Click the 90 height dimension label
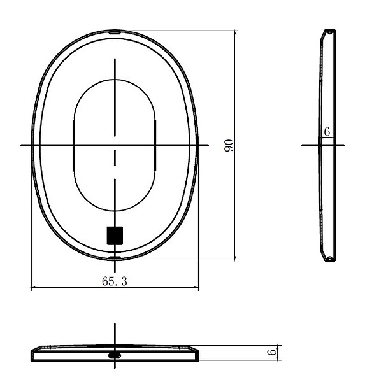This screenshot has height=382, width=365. coord(229,145)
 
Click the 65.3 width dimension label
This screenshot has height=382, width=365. coord(115,281)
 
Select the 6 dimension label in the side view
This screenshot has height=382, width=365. coord(327,132)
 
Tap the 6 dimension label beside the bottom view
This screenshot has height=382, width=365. coord(272,352)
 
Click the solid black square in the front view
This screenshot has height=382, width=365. coord(115,236)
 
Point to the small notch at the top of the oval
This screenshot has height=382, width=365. coord(115,31)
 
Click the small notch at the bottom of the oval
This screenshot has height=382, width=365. coord(115,258)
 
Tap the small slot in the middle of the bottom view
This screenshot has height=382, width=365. coord(115,355)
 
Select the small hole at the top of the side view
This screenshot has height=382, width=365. coord(329,32)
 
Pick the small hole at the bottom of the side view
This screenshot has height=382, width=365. coord(329,258)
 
